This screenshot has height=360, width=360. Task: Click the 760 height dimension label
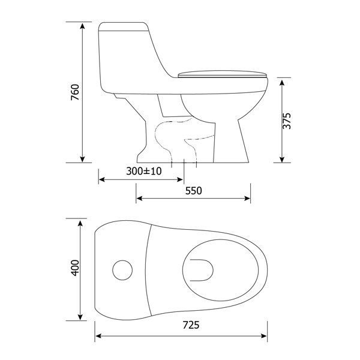[x=75, y=92]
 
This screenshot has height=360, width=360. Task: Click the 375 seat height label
[x=287, y=121]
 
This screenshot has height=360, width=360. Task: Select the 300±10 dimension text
[x=144, y=171]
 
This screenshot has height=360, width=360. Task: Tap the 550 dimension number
[x=194, y=191]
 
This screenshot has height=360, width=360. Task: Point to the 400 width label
[x=75, y=268]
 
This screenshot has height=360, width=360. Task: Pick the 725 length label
[x=191, y=325]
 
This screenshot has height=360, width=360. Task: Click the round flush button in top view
[x=122, y=270]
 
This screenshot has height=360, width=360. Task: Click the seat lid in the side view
[x=223, y=74]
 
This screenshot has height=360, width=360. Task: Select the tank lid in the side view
[x=123, y=26]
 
